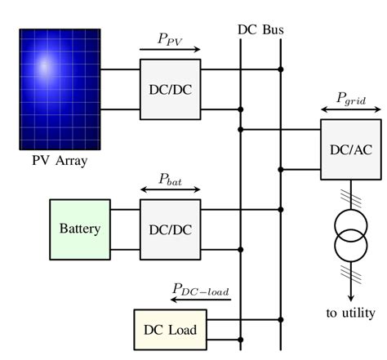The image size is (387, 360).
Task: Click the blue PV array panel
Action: [60, 90]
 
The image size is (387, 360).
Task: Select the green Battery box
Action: [79, 229]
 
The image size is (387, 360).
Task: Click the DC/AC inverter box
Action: [350, 149]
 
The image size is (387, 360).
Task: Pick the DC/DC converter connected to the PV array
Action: [170, 89]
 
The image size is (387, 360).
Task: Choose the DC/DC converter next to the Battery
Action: [170, 229]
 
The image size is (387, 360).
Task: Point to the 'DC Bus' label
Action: [260, 29]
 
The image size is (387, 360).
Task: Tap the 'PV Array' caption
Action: [60, 160]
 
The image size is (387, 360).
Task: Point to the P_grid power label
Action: [351, 97]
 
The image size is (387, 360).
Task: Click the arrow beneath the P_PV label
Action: [170, 51]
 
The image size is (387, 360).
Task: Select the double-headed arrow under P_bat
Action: [170, 190]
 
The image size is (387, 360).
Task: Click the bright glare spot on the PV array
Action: [45, 65]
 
